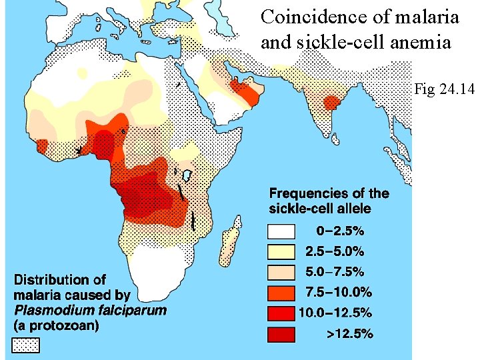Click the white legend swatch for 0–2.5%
click(281, 231)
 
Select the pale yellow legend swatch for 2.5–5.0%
click(281, 252)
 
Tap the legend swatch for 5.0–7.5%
click(281, 272)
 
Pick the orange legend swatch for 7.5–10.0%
click(281, 292)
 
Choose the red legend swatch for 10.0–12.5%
click(281, 313)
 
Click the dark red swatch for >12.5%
click(281, 333)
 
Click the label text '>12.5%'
click(349, 333)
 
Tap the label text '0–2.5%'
click(339, 232)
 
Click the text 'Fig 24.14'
click(443, 88)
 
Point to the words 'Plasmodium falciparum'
click(90, 310)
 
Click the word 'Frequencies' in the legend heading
click(307, 193)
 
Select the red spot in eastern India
click(331, 103)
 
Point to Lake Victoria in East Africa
click(187, 176)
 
